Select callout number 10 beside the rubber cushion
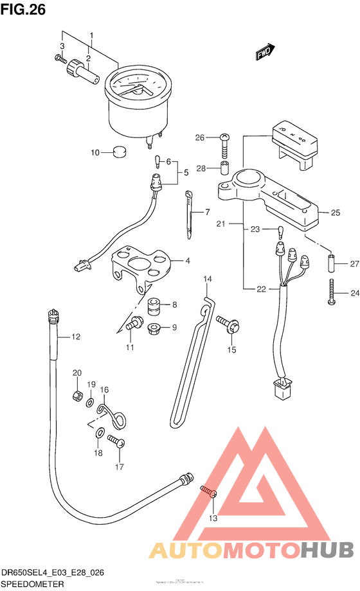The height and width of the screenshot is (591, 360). click(94, 153)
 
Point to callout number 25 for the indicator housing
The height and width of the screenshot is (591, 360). click(334, 213)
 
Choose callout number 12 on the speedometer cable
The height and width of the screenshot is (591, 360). click(75, 336)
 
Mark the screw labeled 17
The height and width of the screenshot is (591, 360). click(116, 443)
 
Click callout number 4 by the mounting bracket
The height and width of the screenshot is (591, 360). click(187, 261)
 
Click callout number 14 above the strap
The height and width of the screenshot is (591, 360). click(207, 279)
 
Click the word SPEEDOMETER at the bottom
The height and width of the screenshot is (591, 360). click(32, 584)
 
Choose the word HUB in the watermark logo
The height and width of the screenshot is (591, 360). click(327, 549)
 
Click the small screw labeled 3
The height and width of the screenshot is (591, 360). click(60, 58)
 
